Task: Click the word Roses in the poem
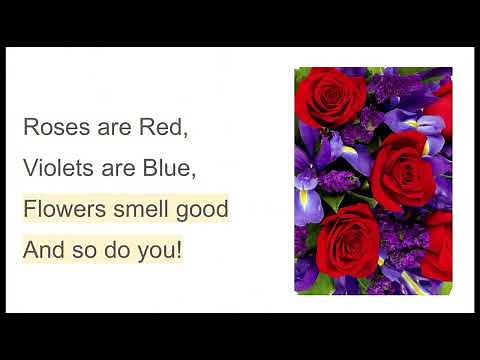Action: (49, 128)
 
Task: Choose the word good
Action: (203, 211)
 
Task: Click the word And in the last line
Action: (43, 250)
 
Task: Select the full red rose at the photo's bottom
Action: (346, 245)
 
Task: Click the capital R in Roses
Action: (30, 128)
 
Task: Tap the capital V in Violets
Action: (30, 169)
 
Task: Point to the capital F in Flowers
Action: (29, 210)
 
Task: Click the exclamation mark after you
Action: (179, 250)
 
